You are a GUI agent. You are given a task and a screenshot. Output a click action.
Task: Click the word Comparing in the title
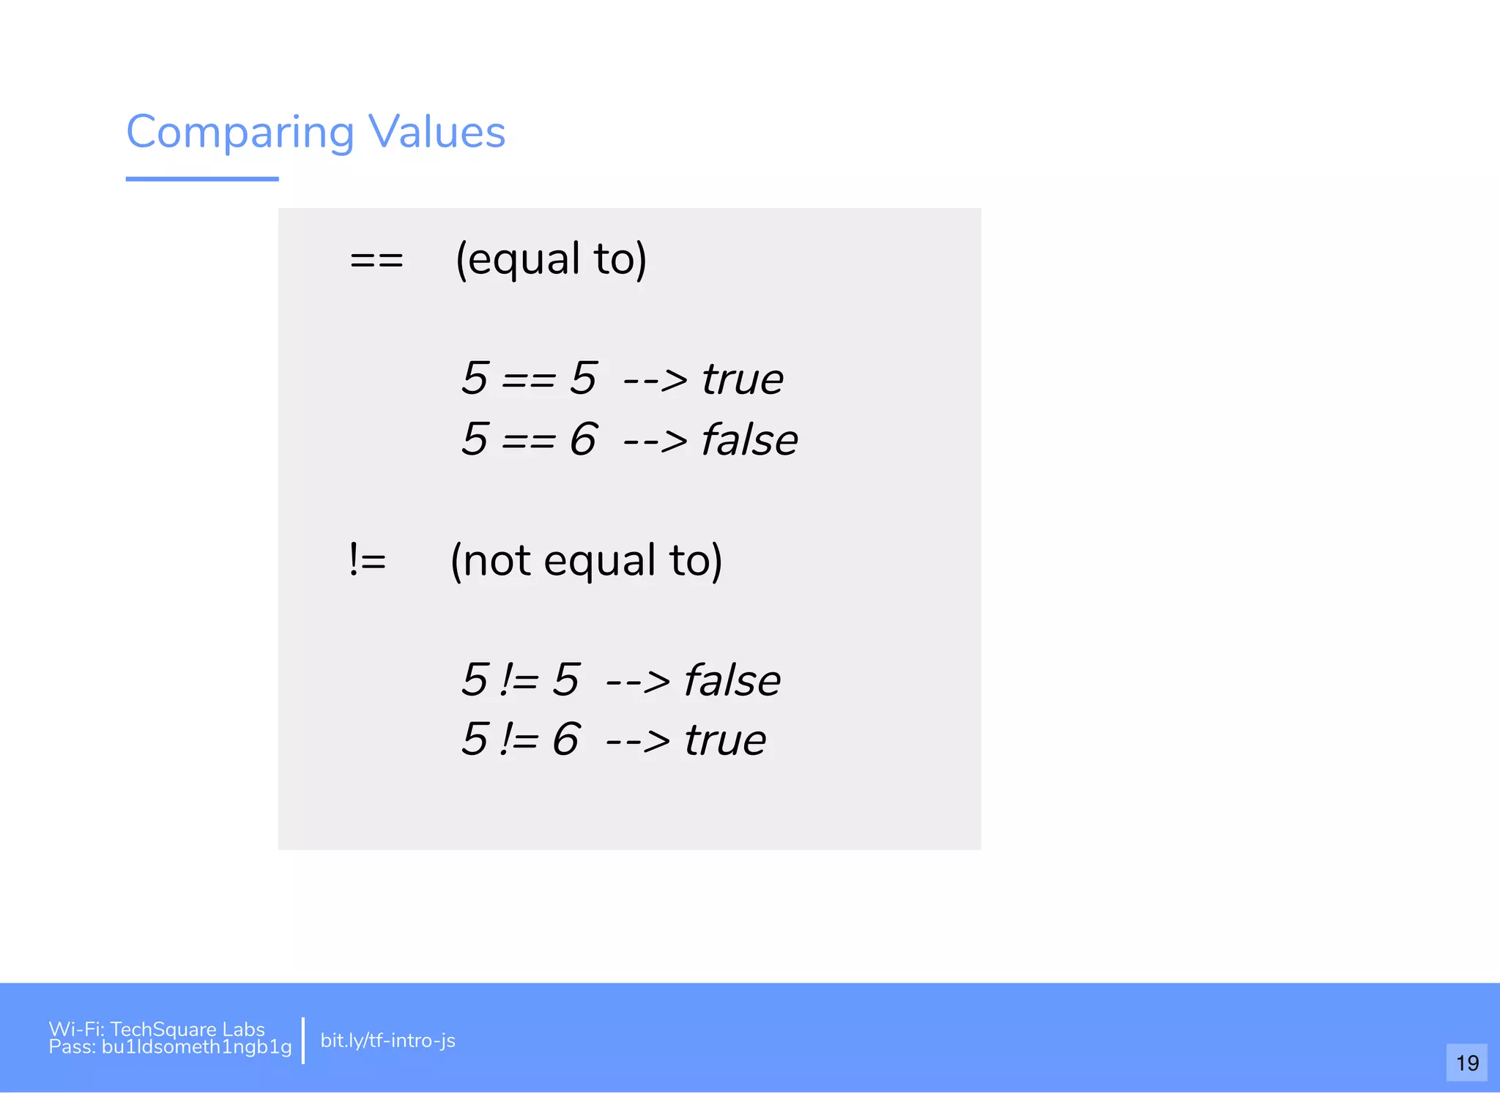point(240,133)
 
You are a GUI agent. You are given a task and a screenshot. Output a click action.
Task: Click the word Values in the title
point(437,133)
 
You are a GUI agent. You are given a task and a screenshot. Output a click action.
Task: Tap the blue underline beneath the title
point(202,178)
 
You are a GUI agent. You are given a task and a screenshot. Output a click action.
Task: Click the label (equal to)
point(551,259)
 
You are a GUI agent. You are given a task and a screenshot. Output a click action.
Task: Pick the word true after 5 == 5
point(742,379)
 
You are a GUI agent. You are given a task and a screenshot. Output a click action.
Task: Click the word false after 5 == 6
point(749,440)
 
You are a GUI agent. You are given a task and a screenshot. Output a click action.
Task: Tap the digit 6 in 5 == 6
point(583,439)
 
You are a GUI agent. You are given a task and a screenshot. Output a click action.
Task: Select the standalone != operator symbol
point(367,561)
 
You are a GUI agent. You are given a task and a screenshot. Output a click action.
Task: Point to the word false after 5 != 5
point(732,680)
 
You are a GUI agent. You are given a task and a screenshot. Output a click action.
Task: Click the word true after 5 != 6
point(725,740)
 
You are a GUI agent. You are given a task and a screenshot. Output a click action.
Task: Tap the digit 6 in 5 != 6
point(565,740)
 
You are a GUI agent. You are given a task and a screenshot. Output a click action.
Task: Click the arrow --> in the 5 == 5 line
point(655,380)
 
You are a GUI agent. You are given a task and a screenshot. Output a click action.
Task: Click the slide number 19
point(1466,1063)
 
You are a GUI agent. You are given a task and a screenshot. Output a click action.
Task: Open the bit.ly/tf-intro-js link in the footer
point(387,1041)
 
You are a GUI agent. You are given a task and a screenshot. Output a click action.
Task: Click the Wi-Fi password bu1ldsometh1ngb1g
point(196,1047)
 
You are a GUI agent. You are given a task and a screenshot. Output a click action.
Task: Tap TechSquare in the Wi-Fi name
point(163,1029)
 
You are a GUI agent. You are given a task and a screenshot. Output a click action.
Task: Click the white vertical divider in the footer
point(302,1040)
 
